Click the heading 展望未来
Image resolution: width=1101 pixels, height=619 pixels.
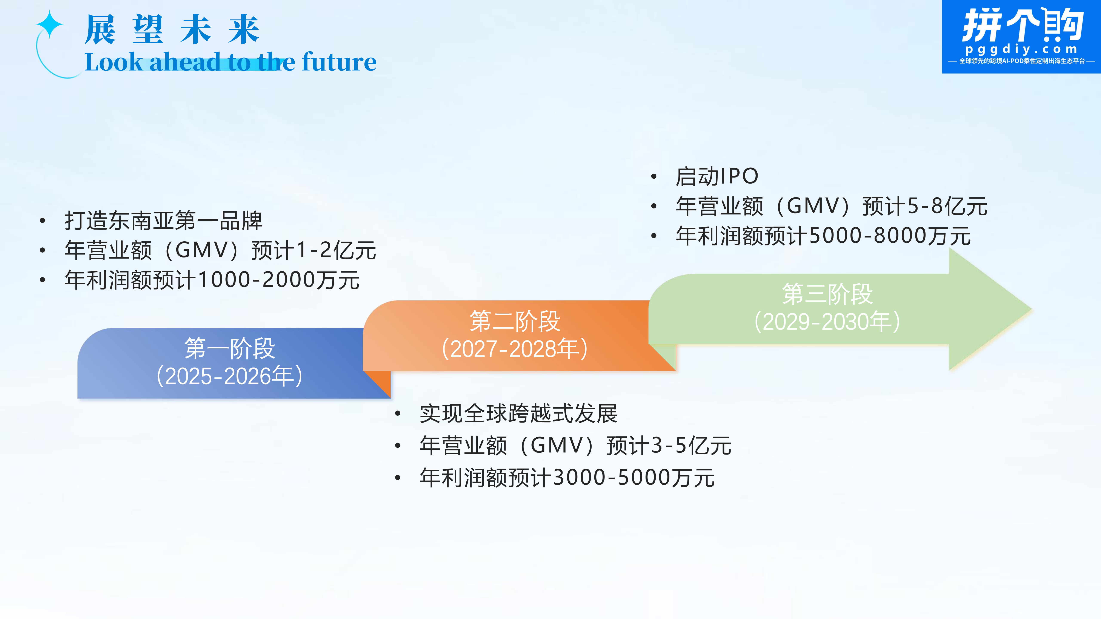[172, 29]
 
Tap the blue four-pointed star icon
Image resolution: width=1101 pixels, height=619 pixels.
[50, 24]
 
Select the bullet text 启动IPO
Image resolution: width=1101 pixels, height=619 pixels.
[717, 176]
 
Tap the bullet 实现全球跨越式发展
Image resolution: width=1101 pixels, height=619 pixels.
[518, 414]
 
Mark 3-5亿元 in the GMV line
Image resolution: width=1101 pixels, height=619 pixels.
[691, 446]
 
